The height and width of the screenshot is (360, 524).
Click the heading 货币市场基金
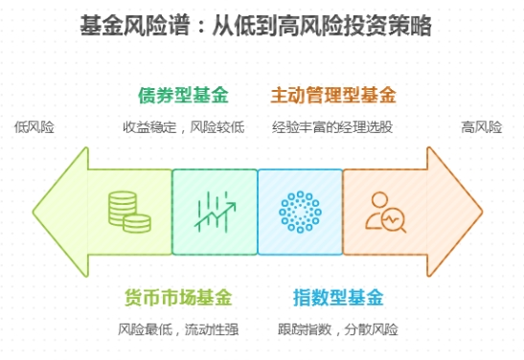point(178,297)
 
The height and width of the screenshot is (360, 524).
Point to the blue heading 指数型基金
point(338,297)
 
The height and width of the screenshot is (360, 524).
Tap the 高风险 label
point(481,126)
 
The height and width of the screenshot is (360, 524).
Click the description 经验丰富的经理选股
point(332,126)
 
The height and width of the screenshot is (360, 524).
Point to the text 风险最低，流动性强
point(178,329)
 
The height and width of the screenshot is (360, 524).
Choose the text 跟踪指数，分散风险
point(338,329)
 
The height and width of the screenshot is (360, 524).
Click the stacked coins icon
point(128,212)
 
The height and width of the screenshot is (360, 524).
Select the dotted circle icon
point(299,212)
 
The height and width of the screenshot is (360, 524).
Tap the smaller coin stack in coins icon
point(138,222)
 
